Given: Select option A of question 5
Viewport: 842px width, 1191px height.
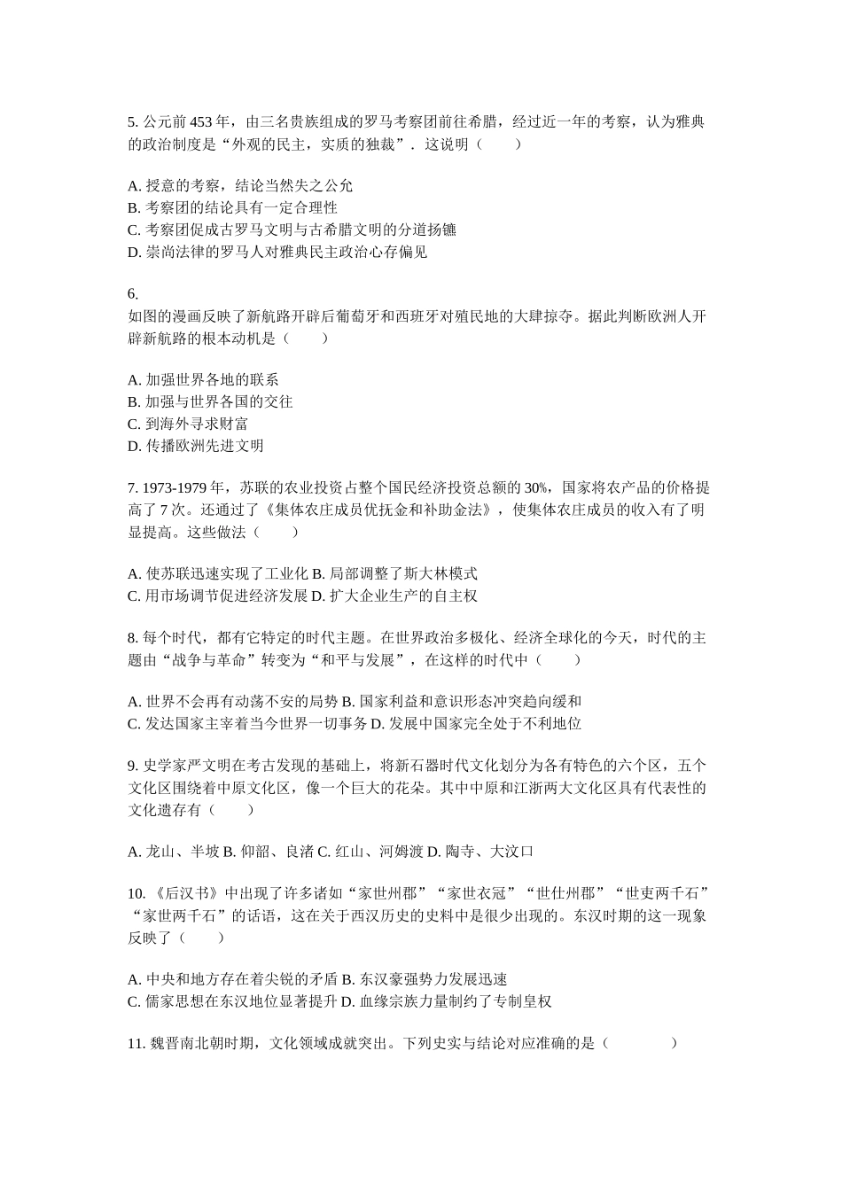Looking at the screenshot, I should coord(240,186).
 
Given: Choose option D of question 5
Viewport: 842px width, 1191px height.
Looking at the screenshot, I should coord(277,253).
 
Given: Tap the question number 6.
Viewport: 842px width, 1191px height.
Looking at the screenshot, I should coord(133,294).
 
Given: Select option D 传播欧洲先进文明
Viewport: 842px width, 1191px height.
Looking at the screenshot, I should coord(196,447).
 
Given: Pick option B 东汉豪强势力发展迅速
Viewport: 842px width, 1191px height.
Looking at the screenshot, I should coord(424,980).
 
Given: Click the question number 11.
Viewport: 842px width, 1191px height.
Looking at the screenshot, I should coord(136,1044).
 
